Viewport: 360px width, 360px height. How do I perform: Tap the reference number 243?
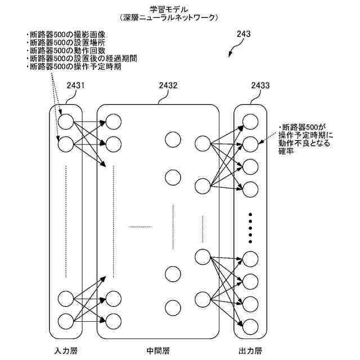click(x=243, y=35)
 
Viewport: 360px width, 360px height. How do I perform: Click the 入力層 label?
click(x=66, y=351)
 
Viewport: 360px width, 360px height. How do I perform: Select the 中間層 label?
click(x=158, y=351)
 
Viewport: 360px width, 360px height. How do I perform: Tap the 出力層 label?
click(x=250, y=351)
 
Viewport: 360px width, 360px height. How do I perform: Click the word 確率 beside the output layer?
click(x=287, y=152)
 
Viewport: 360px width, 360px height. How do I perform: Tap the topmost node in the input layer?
click(x=66, y=122)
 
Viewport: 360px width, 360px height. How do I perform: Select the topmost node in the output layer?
click(x=250, y=121)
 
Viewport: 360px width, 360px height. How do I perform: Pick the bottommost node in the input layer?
click(x=66, y=321)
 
